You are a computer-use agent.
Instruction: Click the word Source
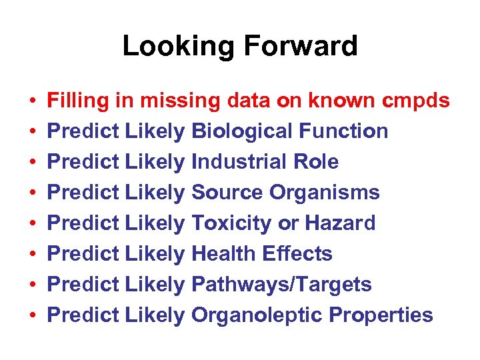point(227,193)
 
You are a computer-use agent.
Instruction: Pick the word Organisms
point(325,193)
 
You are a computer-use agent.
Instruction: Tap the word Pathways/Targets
point(281,285)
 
